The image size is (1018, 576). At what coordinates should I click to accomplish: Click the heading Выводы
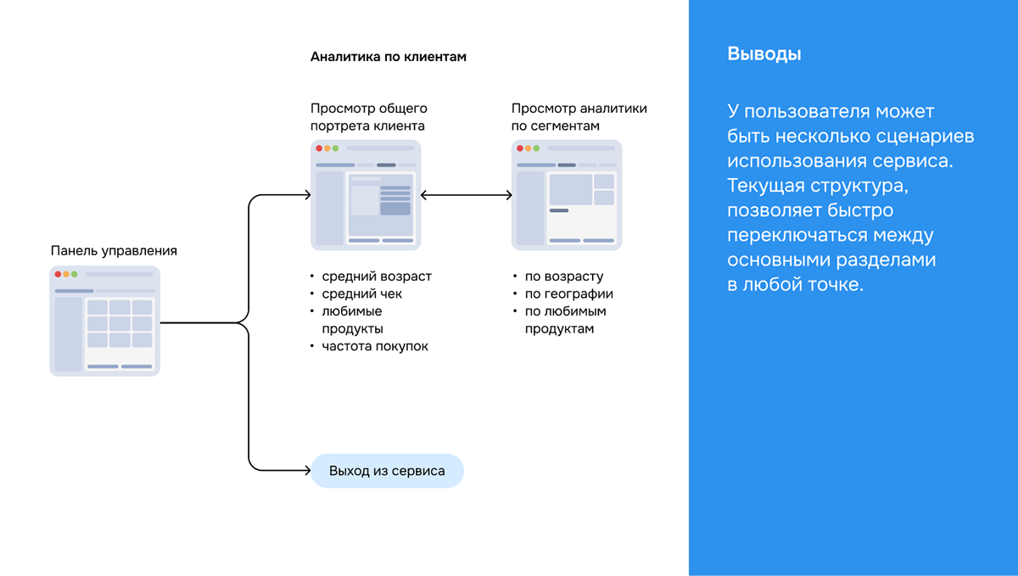click(763, 54)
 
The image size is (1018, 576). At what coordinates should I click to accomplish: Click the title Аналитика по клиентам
click(389, 57)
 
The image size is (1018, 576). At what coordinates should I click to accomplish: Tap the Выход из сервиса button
click(387, 471)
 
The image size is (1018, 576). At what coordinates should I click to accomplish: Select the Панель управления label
click(114, 250)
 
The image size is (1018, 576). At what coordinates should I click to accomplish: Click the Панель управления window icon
click(104, 321)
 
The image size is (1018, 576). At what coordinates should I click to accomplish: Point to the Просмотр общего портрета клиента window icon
click(366, 195)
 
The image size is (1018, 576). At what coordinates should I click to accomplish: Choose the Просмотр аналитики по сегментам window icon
click(567, 195)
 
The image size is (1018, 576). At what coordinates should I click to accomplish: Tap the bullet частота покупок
click(375, 346)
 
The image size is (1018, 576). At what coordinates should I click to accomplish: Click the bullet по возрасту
click(564, 277)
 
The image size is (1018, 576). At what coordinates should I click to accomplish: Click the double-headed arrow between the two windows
click(466, 195)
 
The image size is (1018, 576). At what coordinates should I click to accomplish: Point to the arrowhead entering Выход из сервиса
click(306, 471)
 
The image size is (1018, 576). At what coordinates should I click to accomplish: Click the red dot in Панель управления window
click(58, 274)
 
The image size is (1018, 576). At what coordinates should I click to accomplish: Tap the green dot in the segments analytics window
click(536, 148)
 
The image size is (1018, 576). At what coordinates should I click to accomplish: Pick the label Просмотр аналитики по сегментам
click(579, 117)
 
